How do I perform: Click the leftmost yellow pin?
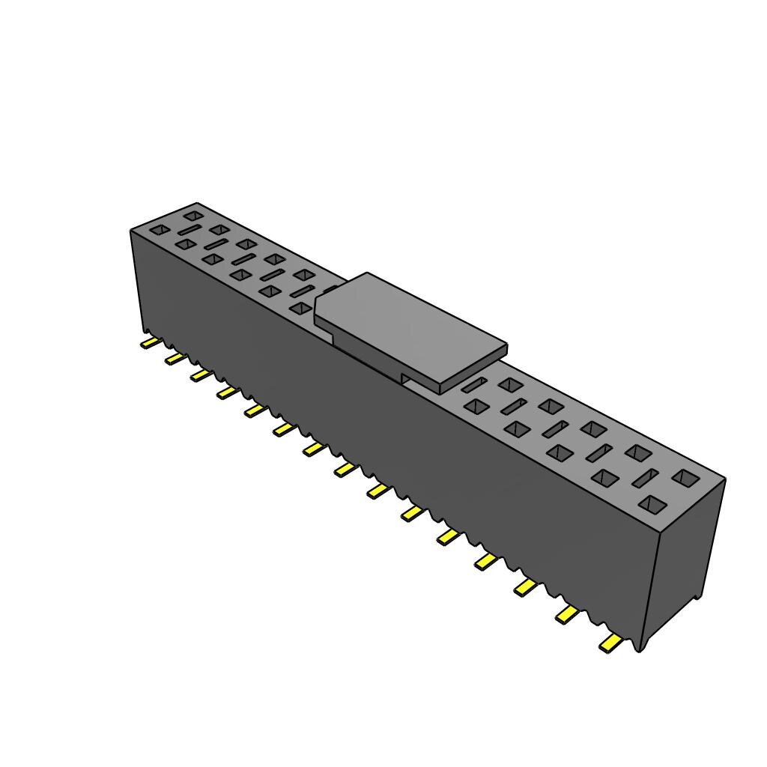(x=151, y=343)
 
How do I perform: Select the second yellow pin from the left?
(x=175, y=359)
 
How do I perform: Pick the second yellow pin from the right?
(x=568, y=615)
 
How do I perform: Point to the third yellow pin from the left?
(x=200, y=375)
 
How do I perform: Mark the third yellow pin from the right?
(x=526, y=588)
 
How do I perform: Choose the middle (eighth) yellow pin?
(x=345, y=469)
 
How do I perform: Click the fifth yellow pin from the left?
(x=255, y=410)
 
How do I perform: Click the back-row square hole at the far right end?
(x=685, y=477)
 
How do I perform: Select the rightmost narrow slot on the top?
(x=645, y=478)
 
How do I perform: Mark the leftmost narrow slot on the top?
(x=189, y=230)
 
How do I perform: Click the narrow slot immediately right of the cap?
(x=473, y=385)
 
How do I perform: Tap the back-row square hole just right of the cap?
(x=510, y=385)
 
